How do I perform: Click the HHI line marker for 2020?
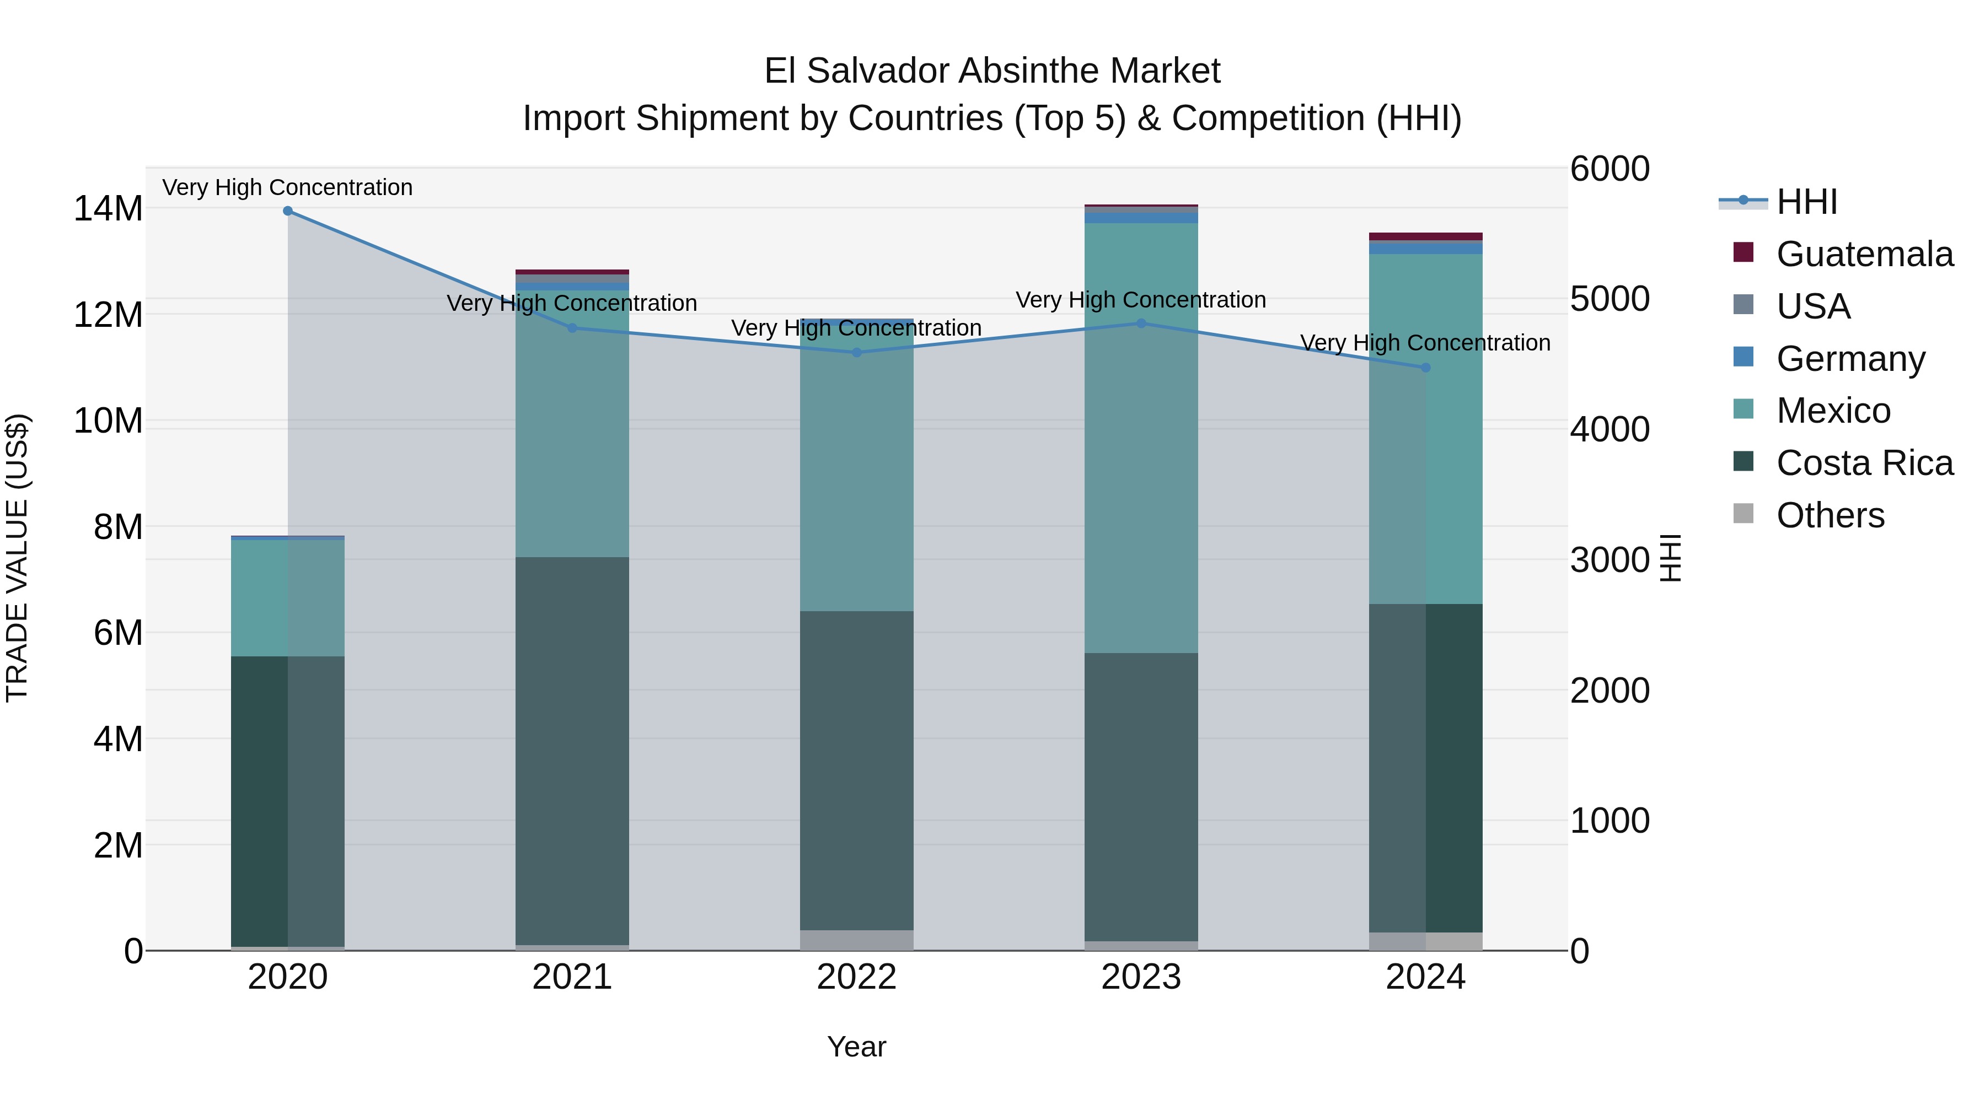point(287,211)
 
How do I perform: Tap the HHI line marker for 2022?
point(856,353)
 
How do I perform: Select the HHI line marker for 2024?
point(1425,368)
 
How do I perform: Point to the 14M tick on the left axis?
point(108,209)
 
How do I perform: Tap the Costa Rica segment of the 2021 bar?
point(572,751)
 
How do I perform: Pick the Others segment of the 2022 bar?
point(856,940)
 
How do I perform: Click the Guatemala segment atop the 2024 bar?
point(1425,236)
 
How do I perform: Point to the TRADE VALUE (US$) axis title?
point(18,558)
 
